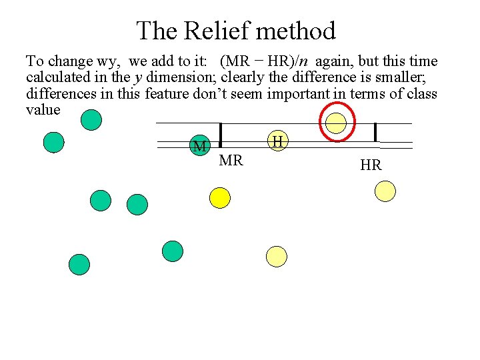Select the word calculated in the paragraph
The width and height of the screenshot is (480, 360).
pyautogui.click(x=58, y=77)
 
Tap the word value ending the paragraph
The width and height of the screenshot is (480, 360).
pyautogui.click(x=43, y=109)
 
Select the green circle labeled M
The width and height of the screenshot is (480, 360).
pyautogui.click(x=199, y=146)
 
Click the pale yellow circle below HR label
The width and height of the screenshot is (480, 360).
pyautogui.click(x=385, y=191)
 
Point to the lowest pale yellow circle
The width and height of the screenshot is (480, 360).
pyautogui.click(x=276, y=256)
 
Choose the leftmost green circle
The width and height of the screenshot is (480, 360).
pyautogui.click(x=53, y=142)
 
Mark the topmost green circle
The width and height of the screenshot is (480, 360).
pyautogui.click(x=91, y=120)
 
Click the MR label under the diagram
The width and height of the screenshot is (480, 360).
pyautogui.click(x=231, y=161)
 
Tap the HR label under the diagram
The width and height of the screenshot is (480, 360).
pyautogui.click(x=371, y=165)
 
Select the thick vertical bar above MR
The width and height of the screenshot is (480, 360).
pyautogui.click(x=220, y=133)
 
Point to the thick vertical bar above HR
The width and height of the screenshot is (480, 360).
pyautogui.click(x=376, y=132)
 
